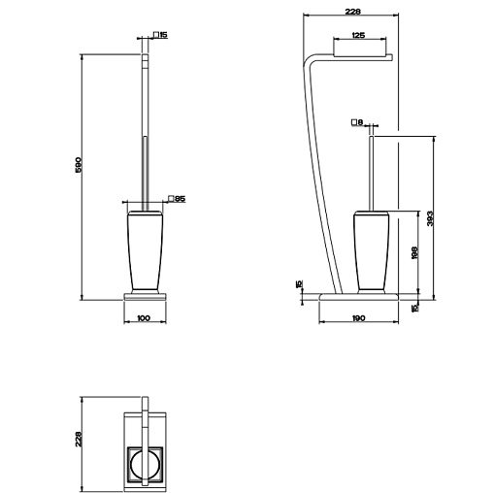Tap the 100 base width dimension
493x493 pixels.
144,318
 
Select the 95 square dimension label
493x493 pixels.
181,199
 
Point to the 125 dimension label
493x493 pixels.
358,35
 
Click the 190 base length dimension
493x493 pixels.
358,318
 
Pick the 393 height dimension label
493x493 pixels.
430,218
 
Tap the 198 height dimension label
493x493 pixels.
414,252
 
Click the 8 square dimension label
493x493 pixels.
360,122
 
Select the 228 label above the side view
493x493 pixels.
352,12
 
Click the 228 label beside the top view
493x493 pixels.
79,439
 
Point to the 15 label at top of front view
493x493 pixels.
163,35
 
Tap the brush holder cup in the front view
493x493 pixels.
145,250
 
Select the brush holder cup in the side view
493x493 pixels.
371,250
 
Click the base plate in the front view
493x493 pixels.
145,297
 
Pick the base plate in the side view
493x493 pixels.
358,297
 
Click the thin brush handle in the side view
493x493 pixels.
372,174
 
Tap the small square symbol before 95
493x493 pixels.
172,199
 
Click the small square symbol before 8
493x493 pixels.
354,122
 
